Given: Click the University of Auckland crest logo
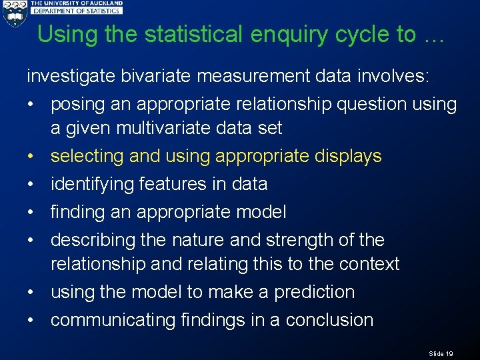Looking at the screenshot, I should pos(15,14).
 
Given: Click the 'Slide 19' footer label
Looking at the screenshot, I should pos(441,353).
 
